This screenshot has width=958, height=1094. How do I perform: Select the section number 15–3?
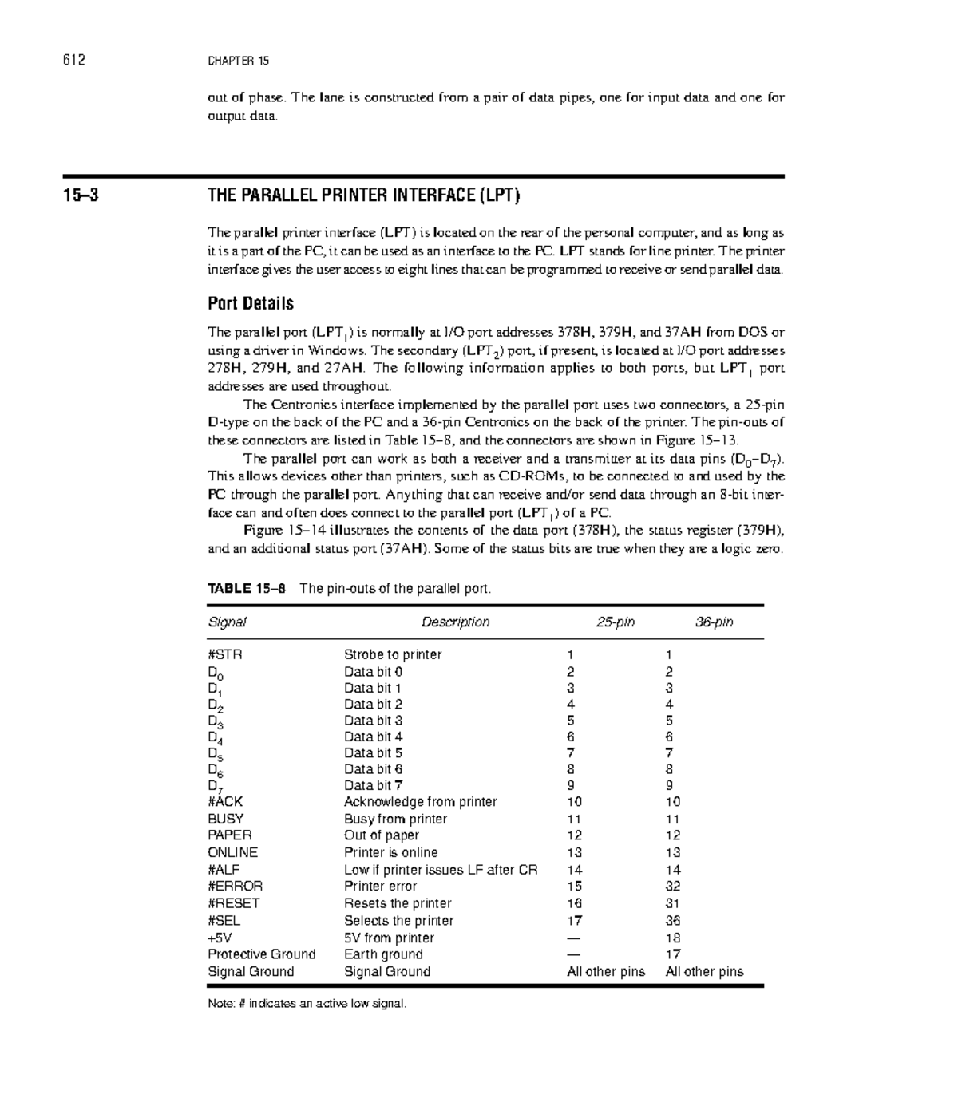(x=81, y=195)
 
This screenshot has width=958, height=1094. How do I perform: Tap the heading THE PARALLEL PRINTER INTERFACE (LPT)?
(x=363, y=195)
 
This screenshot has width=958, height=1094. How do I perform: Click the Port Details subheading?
(x=251, y=303)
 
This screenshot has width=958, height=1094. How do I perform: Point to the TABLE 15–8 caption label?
(x=246, y=589)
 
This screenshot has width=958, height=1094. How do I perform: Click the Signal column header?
(x=227, y=622)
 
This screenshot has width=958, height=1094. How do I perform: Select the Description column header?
(x=455, y=622)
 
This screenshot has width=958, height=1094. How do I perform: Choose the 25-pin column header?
(x=615, y=622)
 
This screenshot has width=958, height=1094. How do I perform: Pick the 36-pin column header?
(x=713, y=622)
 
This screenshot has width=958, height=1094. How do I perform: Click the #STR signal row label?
(x=224, y=654)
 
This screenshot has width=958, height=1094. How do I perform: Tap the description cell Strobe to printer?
(x=392, y=654)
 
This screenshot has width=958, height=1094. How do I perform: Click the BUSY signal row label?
(x=226, y=819)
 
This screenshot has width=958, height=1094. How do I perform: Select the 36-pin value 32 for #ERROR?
(x=673, y=886)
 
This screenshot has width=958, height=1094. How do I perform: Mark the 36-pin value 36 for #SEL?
(x=673, y=920)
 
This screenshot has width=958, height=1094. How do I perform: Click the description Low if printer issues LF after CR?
(x=441, y=870)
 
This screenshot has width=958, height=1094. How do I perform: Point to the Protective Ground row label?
(x=262, y=954)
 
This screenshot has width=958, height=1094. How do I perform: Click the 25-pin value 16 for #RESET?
(x=574, y=903)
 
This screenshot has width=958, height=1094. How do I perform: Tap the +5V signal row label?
(x=220, y=938)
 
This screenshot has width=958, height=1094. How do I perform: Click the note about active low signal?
(x=307, y=1003)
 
